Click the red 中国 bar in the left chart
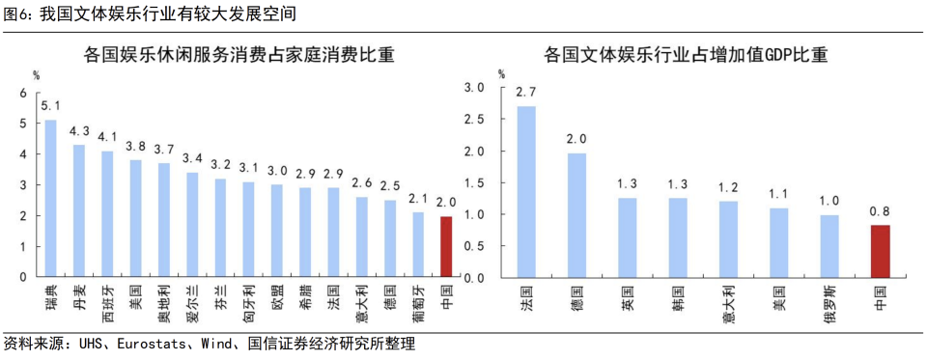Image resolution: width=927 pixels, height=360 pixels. click(446, 246)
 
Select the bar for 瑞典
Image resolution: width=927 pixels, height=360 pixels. click(51, 198)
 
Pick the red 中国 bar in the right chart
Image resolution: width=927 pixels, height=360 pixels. click(880, 251)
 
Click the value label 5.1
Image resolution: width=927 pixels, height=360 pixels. click(51, 106)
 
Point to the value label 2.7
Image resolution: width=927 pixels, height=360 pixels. click(526, 93)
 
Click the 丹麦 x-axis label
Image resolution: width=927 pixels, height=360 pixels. click(79, 291)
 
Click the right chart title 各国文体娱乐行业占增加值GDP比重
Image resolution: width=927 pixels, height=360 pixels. click(686, 55)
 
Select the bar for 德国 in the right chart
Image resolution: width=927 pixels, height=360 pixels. click(576, 215)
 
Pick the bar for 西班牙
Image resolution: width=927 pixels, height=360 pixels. click(107, 213)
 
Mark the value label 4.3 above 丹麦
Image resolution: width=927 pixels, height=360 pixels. click(79, 131)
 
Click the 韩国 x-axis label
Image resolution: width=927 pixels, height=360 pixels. click(678, 291)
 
